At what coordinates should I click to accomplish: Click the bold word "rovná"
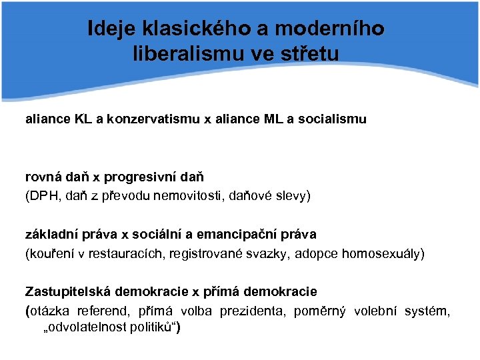click(x=44, y=177)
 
